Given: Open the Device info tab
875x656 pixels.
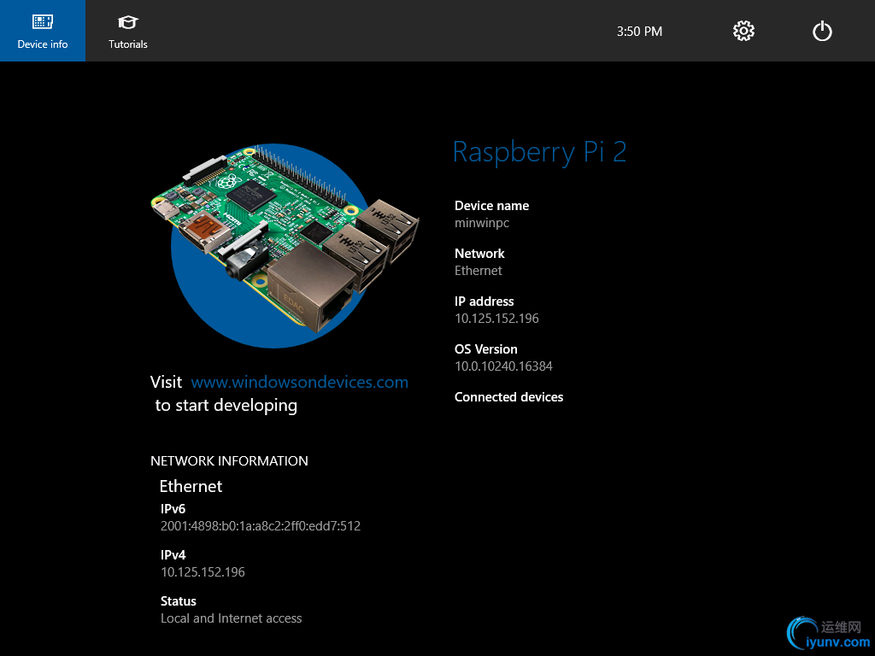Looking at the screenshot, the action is pos(43,31).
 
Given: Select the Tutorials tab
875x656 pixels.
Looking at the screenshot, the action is pos(128,32).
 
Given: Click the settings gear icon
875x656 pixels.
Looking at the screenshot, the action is pos(743,32).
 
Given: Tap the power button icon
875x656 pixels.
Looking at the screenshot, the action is pos(822,32).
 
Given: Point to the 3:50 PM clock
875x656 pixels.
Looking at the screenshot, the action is pos(639,32).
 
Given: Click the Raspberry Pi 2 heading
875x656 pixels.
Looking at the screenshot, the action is pos(539,152).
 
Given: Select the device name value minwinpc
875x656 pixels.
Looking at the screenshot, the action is pos(482,223).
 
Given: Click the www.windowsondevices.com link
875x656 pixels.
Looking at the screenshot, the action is pos(300,382).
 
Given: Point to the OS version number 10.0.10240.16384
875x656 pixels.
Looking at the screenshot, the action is pos(503,366).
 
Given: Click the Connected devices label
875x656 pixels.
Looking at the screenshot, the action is pos(509,397).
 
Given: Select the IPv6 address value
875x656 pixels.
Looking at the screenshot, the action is pos(261,526).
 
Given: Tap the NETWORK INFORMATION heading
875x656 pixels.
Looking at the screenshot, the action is pos(229,460).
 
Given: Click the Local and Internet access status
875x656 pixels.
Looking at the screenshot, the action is pos(231,618).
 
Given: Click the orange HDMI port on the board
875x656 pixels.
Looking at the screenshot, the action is pos(207,230).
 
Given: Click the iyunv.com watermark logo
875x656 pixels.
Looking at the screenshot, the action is pos(829,635).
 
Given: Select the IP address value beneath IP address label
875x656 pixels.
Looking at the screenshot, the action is pos(496,319).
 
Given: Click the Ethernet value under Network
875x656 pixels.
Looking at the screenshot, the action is pos(479,271).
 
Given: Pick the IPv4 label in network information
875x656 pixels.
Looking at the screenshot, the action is pos(173,555).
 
